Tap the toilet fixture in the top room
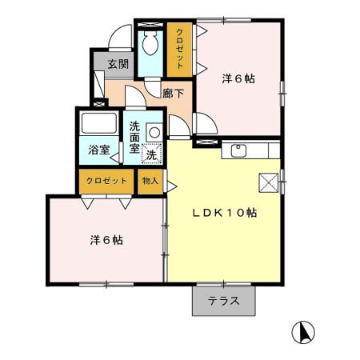tap(149, 46)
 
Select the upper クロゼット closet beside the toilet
tap(179, 50)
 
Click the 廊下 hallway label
tap(173, 94)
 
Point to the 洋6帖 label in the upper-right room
tap(238, 78)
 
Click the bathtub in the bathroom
tap(98, 125)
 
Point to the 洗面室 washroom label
tap(134, 136)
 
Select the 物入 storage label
tap(150, 181)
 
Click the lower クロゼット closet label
tap(106, 182)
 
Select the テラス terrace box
tap(223, 300)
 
